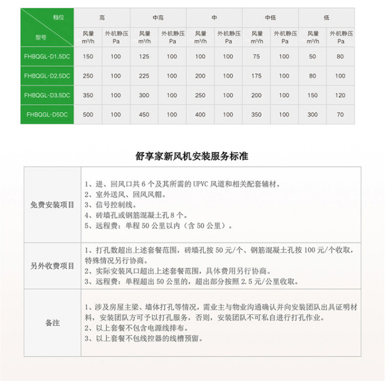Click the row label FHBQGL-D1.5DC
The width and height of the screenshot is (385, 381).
pos(47,56)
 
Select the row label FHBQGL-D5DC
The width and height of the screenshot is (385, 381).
pos(47,115)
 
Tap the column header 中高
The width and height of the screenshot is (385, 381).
pos(158,17)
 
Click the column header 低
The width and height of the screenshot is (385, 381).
pos(326,17)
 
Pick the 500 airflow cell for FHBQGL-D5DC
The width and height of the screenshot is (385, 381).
pos(88,115)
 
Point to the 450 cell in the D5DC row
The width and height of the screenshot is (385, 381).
pos(144,115)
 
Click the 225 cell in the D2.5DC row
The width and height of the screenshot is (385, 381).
pos(144,76)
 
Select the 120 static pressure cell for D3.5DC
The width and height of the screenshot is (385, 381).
pos(340,96)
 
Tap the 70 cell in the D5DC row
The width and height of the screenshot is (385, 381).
pos(340,115)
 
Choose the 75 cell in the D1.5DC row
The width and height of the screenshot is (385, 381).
pos(256,56)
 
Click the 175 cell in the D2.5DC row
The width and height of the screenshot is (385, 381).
pos(256,76)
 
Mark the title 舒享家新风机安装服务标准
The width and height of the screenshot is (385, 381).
pos(192,156)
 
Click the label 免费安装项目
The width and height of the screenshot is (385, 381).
pos(52,204)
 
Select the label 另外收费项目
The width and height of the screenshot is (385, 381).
pos(52,265)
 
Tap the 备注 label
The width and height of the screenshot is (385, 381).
pos(52,323)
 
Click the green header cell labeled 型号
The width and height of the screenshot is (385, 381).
pos(42,37)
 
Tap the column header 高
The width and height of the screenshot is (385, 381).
pos(102,17)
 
